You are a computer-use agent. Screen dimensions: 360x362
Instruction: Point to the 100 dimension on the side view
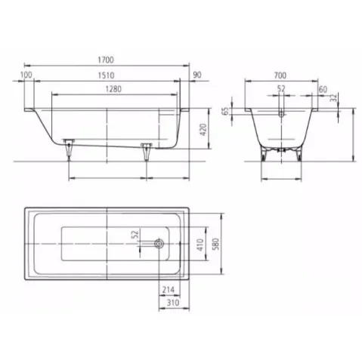tap(27, 76)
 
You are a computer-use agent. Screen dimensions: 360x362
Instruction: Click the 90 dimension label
tap(196, 76)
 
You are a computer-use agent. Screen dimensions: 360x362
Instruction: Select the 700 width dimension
tap(280, 76)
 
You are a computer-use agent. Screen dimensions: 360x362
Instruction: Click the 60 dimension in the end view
tap(323, 88)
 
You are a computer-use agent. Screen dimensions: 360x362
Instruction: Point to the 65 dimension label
tap(226, 111)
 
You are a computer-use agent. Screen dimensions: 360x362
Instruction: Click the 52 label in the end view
tap(281, 88)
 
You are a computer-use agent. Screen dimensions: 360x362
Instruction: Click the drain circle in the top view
tap(159, 245)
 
